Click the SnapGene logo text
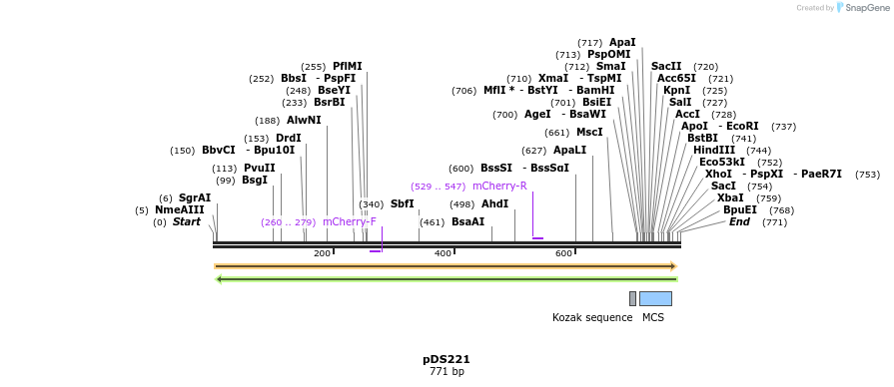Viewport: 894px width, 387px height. click(865, 8)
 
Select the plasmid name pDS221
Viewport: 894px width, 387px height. click(447, 359)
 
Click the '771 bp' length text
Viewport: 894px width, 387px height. click(447, 372)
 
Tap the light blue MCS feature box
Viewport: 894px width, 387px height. click(655, 298)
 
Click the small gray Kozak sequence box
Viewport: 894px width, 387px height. click(632, 298)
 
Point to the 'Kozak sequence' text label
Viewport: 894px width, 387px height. click(592, 318)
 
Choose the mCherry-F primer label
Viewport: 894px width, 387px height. click(349, 222)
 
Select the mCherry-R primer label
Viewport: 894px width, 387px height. click(499, 187)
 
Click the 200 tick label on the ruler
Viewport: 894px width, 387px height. click(322, 253)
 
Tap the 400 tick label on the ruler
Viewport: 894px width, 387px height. click(443, 253)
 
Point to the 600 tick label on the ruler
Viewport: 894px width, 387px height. click(563, 253)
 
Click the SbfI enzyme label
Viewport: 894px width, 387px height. click(403, 204)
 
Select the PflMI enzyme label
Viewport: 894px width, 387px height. click(348, 67)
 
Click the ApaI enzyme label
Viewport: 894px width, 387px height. click(622, 43)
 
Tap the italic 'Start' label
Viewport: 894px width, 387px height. click(187, 222)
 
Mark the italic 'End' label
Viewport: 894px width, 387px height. click(739, 222)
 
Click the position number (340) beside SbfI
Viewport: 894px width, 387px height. click(372, 204)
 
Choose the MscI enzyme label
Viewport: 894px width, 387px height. click(589, 133)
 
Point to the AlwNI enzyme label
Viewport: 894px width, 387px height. click(304, 121)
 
